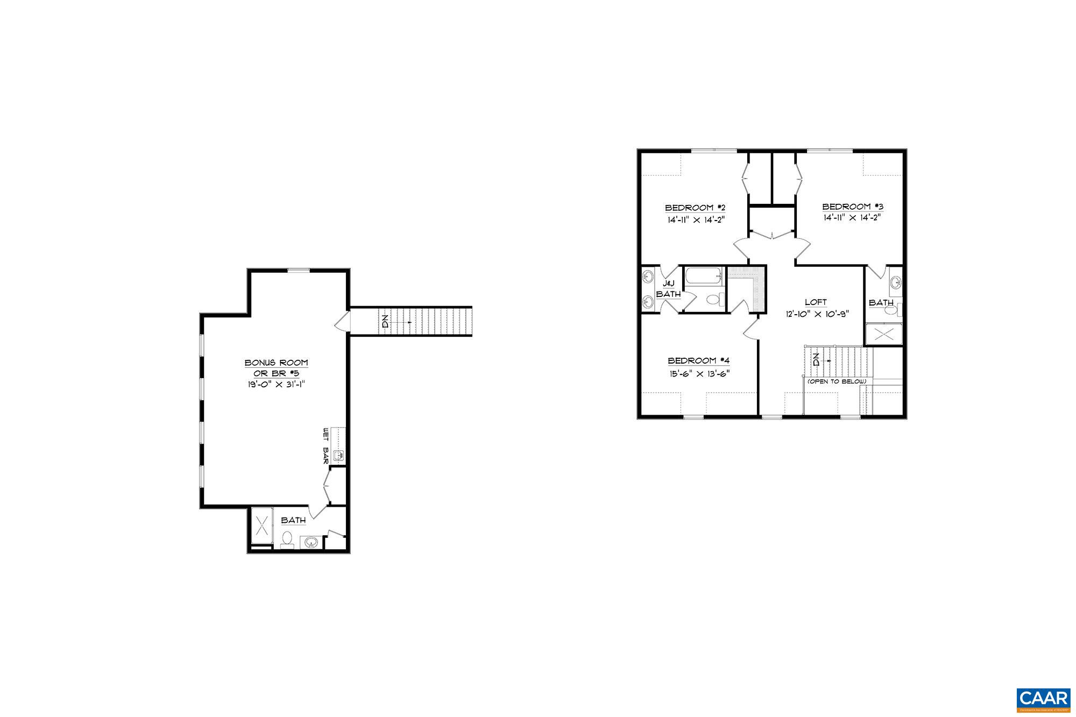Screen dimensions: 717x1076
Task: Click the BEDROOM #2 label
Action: click(696, 208)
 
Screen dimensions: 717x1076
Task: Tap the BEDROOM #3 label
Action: click(852, 207)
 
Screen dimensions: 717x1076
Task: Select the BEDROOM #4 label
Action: click(698, 361)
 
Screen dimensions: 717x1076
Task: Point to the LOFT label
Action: click(816, 302)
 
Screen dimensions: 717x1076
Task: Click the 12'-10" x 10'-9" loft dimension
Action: click(816, 314)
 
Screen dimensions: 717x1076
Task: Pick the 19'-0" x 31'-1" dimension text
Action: click(277, 385)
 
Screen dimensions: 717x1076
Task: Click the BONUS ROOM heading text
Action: click(277, 363)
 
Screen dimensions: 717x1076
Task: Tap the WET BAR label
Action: click(325, 446)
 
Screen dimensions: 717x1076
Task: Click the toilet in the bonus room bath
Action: click(287, 538)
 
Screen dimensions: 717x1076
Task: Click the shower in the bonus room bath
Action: click(263, 524)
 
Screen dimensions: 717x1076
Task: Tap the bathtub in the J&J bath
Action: click(704, 276)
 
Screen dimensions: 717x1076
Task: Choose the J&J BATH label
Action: click(668, 289)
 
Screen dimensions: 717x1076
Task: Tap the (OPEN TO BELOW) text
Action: click(837, 381)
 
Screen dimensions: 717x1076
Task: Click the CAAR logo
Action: click(1043, 698)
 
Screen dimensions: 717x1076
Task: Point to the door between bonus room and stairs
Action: click(342, 322)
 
